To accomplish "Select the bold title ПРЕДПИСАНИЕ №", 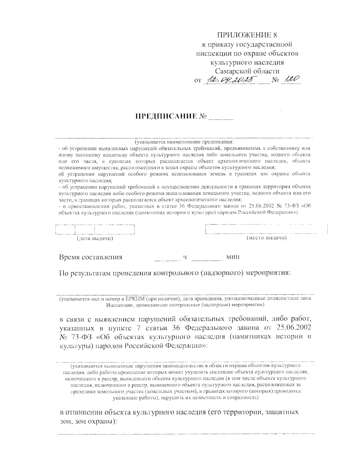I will tap(171, 116).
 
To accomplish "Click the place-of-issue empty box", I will tap(265, 229).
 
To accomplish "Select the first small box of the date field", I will tap(65, 230).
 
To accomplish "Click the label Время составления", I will tap(91, 257).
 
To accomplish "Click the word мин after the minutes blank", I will tap(233, 257).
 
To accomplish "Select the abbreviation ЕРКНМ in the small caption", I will tap(126, 299).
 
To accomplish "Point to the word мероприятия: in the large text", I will tap(269, 273).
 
